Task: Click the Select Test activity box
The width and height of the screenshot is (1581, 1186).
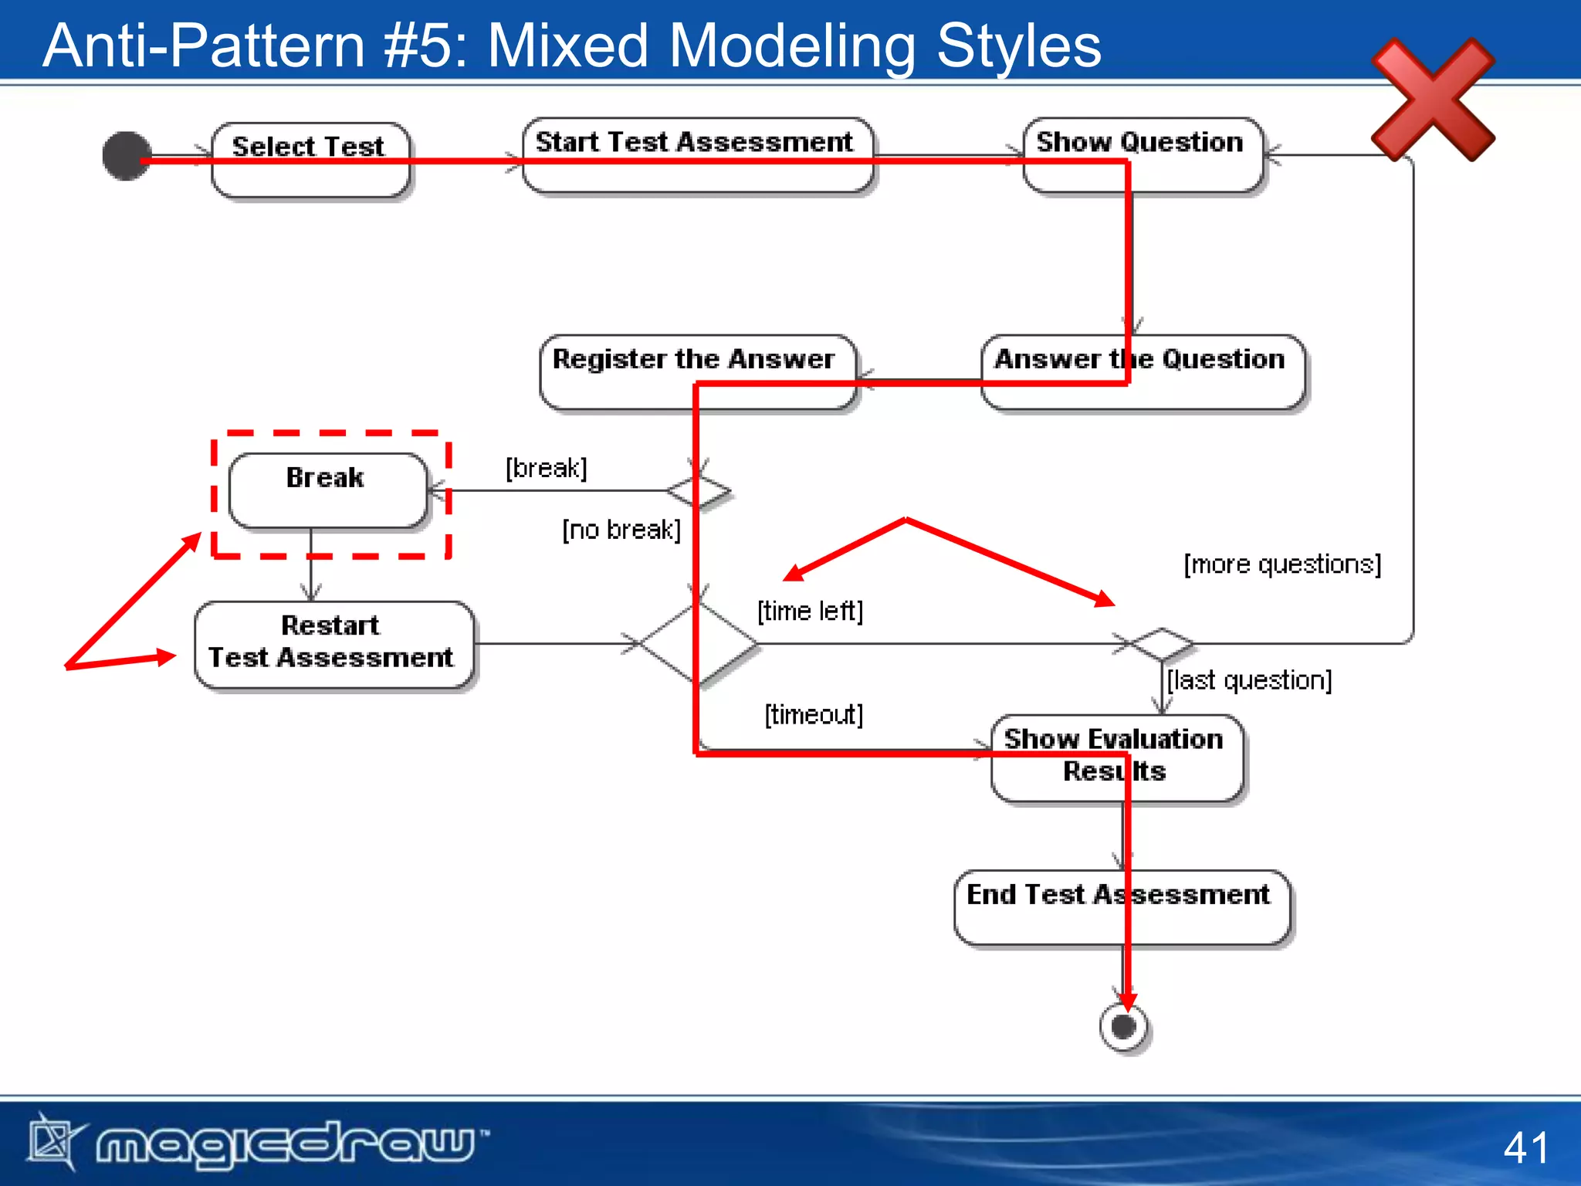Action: (x=310, y=159)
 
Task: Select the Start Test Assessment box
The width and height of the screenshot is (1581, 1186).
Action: (x=697, y=154)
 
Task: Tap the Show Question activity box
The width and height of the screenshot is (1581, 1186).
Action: (x=1142, y=154)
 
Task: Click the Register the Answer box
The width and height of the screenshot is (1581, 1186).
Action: (x=698, y=371)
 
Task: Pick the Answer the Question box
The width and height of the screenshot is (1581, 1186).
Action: (x=1143, y=371)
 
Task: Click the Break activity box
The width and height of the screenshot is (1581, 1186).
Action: (x=327, y=490)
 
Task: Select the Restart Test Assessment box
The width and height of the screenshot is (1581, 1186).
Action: (x=333, y=643)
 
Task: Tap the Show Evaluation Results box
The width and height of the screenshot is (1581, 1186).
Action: (x=1116, y=757)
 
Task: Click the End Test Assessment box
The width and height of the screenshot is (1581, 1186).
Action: (x=1121, y=906)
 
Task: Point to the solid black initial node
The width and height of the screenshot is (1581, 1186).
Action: (x=127, y=156)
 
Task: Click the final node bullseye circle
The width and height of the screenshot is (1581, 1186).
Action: (x=1123, y=1027)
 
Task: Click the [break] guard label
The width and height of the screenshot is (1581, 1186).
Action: (x=546, y=468)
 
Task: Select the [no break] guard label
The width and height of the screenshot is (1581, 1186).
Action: (x=621, y=530)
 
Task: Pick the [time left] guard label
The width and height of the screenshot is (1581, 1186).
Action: (x=810, y=611)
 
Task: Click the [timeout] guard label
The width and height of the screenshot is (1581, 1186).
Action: (x=814, y=714)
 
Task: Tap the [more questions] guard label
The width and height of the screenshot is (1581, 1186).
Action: (x=1282, y=564)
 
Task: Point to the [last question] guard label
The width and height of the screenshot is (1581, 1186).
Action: (x=1249, y=680)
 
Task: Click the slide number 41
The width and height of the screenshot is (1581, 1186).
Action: (x=1525, y=1147)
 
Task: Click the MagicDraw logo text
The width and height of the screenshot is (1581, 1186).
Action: (x=286, y=1143)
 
